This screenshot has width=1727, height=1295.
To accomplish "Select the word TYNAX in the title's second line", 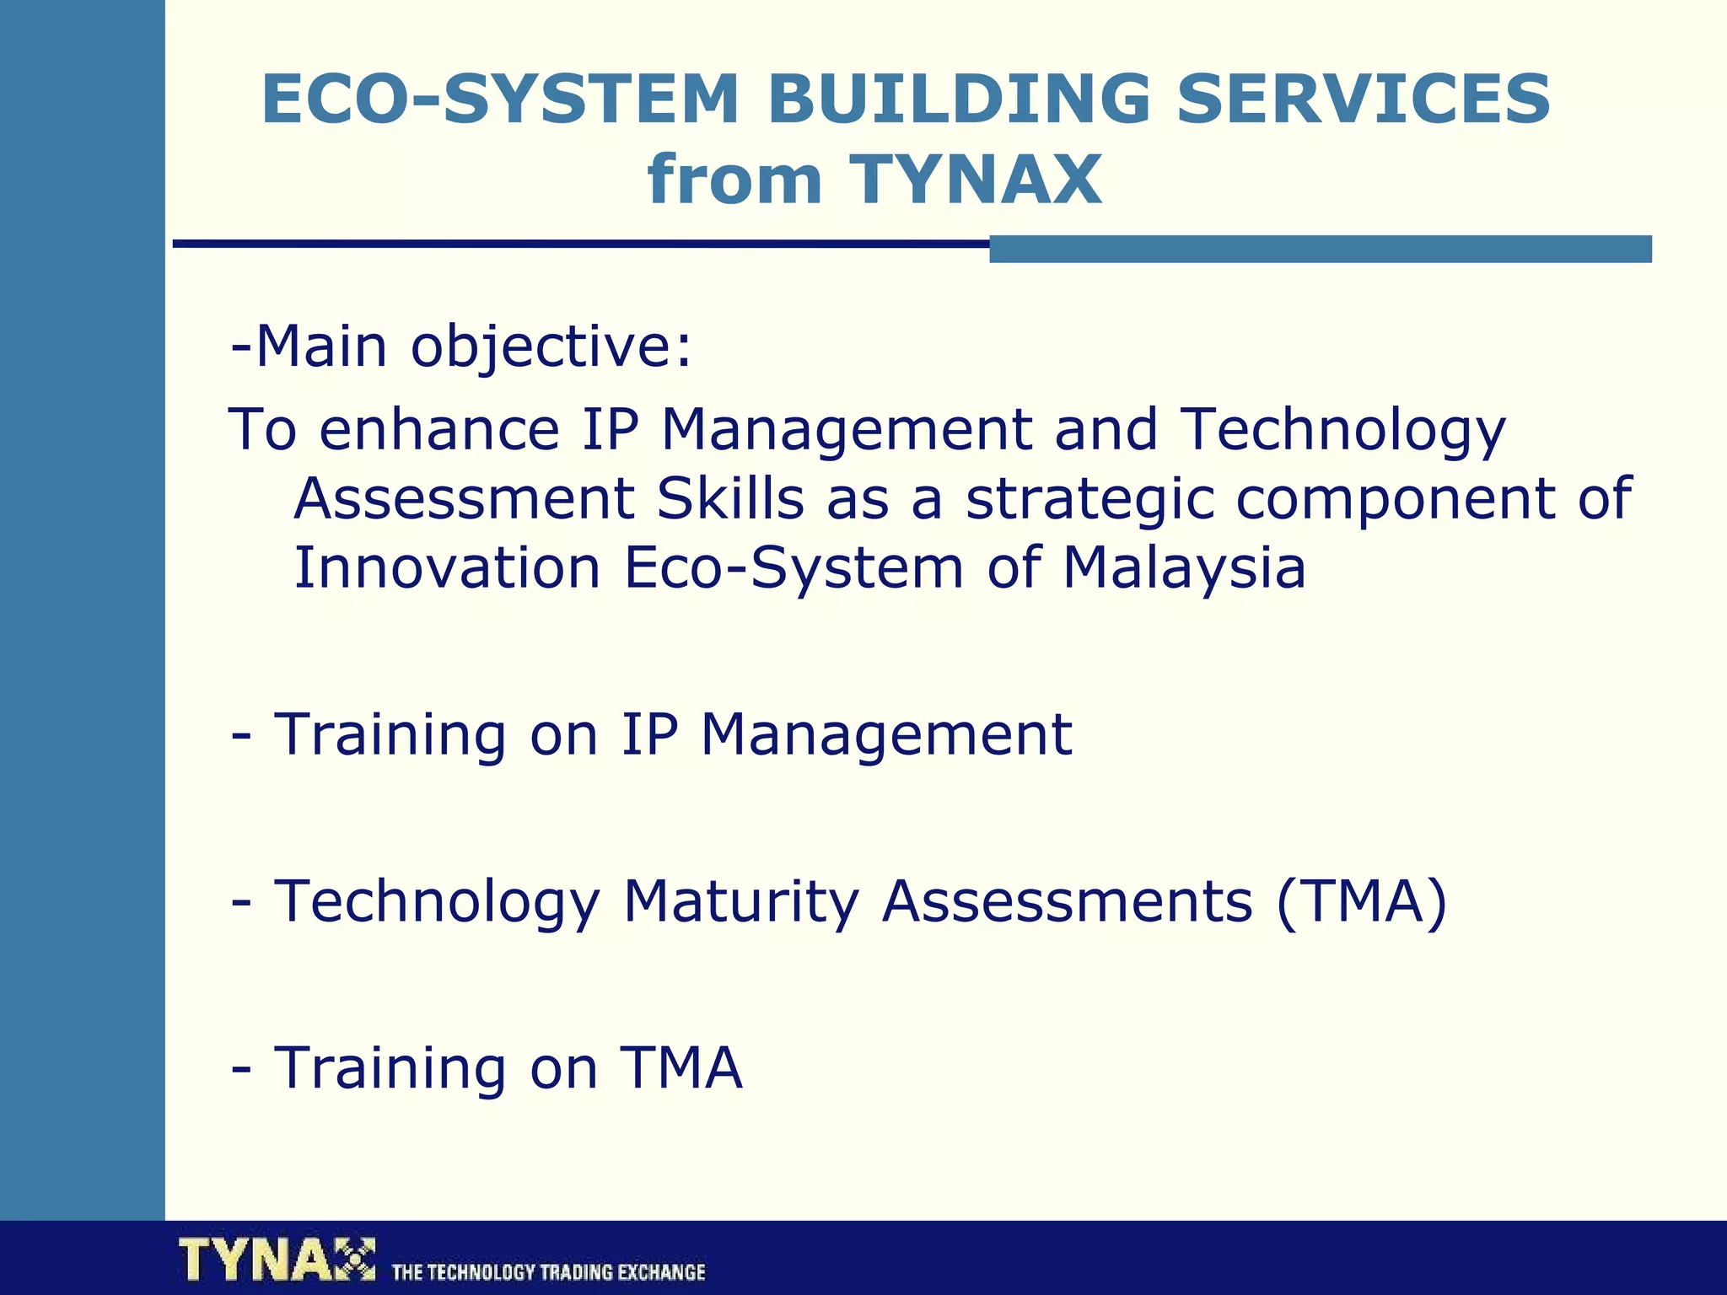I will (x=976, y=180).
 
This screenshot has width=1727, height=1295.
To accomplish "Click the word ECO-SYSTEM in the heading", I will (x=499, y=99).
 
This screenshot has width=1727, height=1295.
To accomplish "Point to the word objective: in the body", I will (x=551, y=347).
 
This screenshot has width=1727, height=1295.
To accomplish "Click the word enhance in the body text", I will (x=439, y=429).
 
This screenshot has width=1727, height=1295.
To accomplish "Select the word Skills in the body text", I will (x=730, y=498).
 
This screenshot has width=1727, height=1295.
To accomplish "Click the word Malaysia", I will (x=1183, y=567).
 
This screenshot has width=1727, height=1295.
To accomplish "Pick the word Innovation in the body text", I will (x=447, y=567).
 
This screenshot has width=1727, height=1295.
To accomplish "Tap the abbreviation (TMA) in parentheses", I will (x=1361, y=902).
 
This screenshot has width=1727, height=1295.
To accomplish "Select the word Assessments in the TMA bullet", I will (x=1067, y=902).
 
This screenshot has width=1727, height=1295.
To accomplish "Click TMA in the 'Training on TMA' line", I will (x=681, y=1068).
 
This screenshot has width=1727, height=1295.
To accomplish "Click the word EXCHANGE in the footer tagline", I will (x=660, y=1272).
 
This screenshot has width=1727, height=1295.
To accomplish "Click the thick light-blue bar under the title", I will (x=1320, y=249).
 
